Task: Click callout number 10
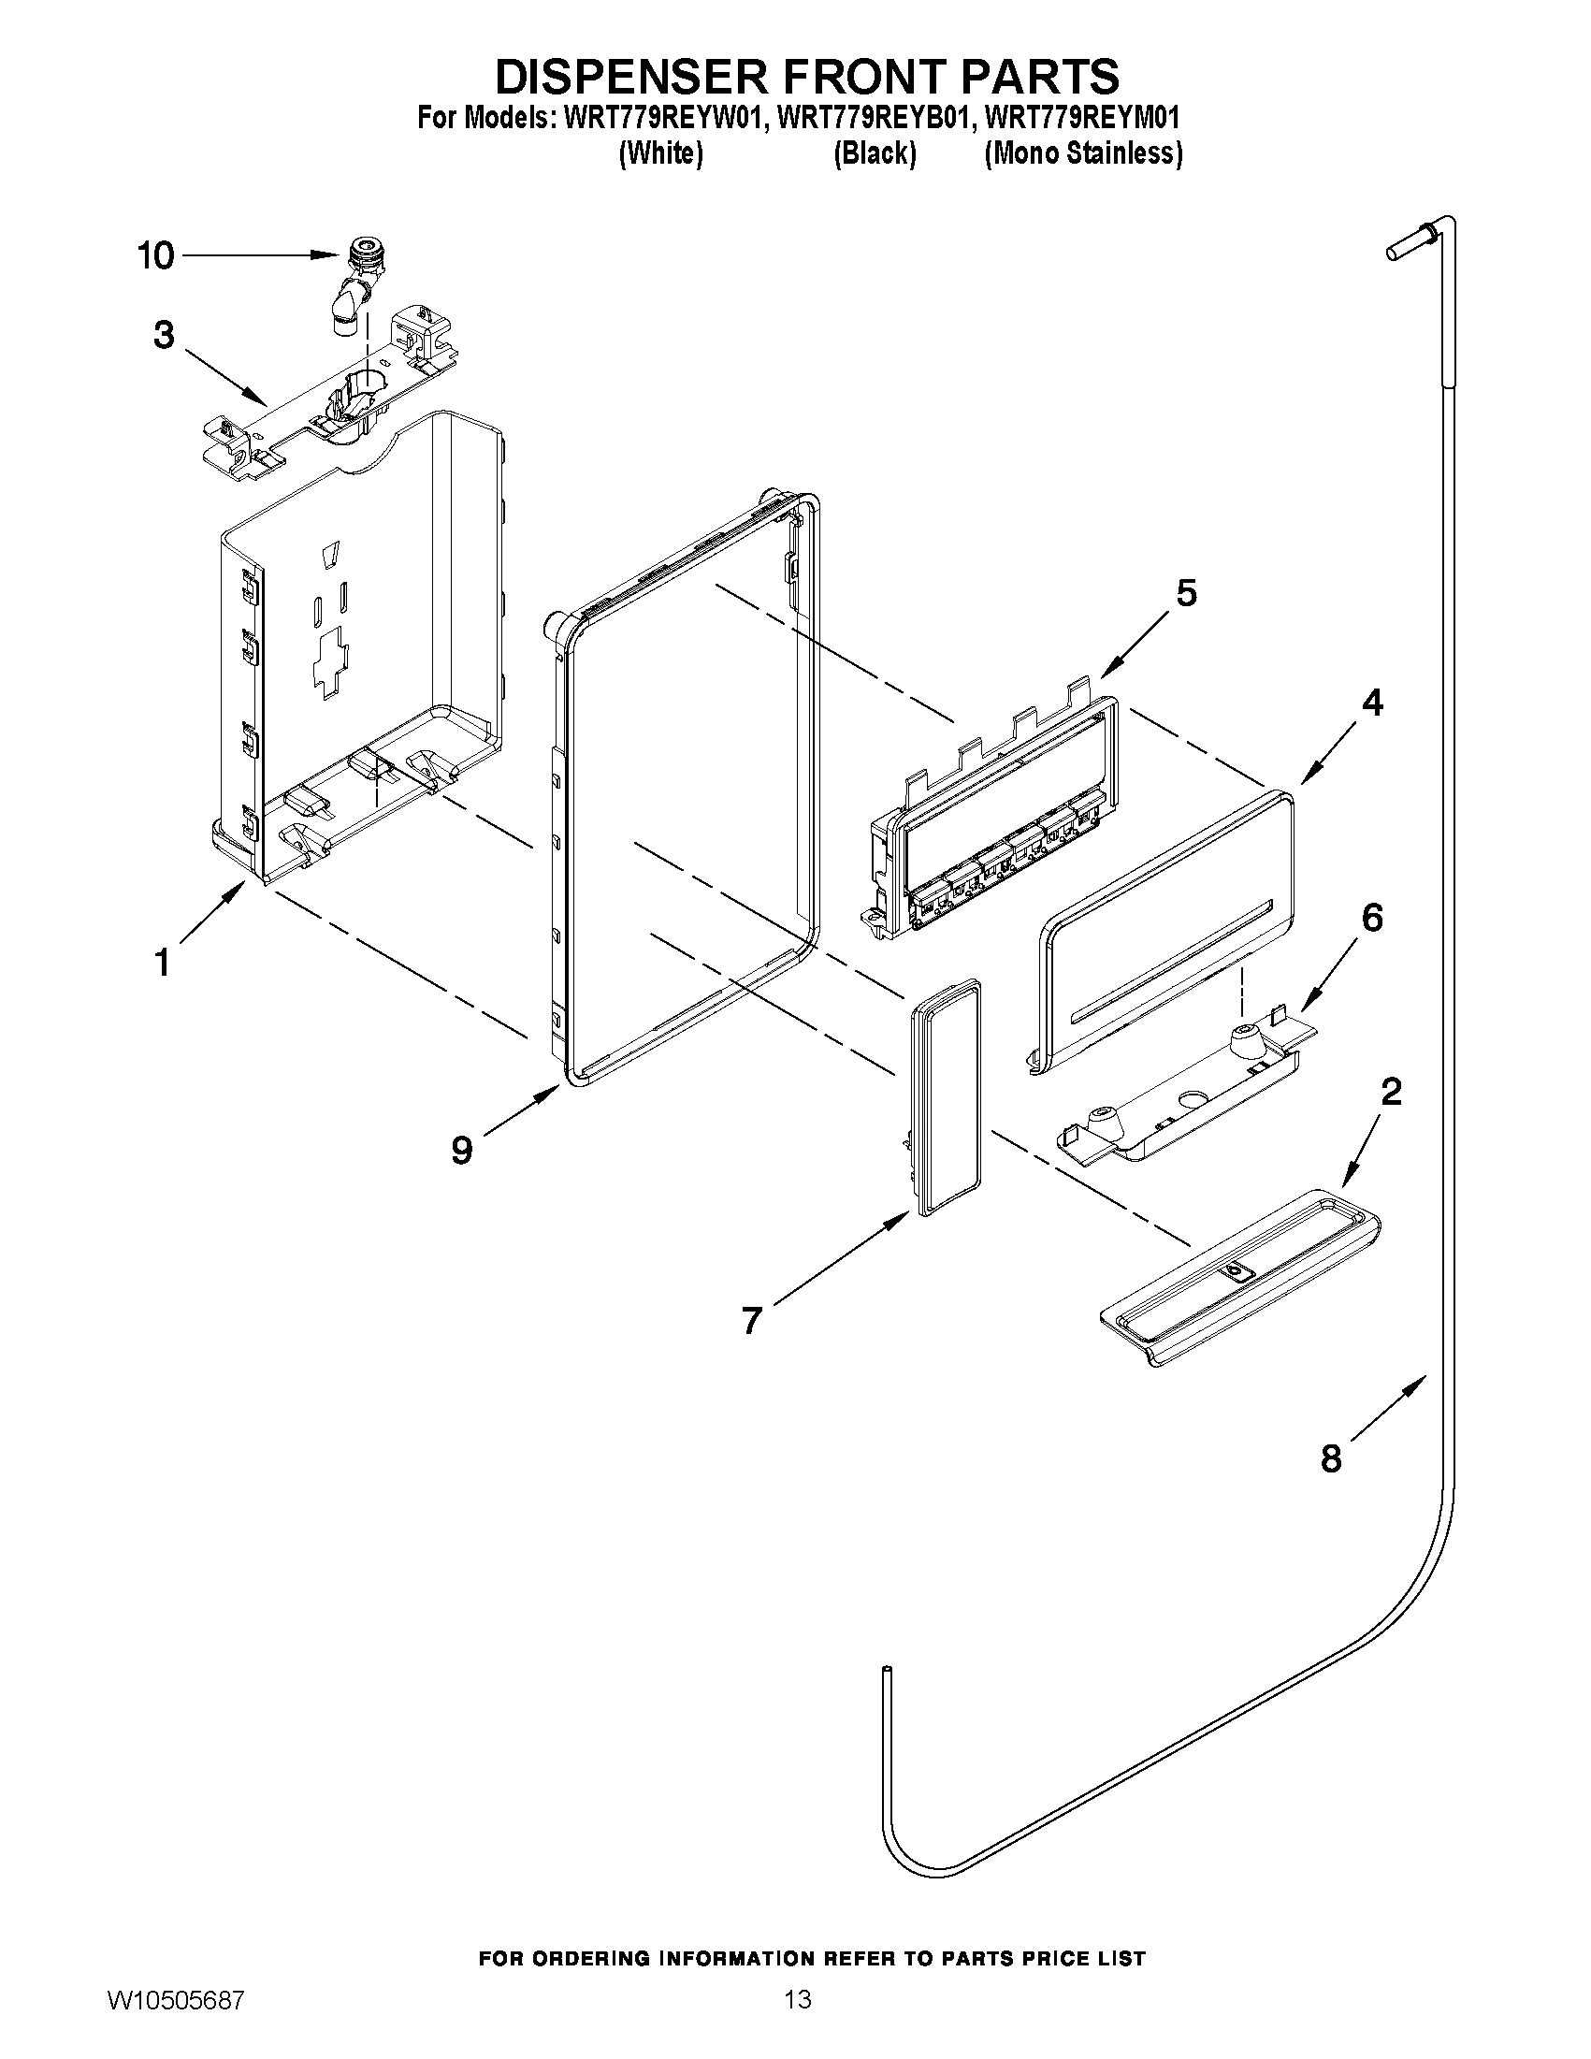pos(156,255)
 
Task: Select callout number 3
pos(164,335)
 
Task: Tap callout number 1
pos(162,963)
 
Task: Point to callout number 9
pos(461,1149)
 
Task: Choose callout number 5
pos(1186,593)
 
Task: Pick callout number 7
pos(750,1320)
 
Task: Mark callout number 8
pos(1330,1458)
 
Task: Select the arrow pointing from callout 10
pos(259,255)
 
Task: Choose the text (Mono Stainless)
pos(1083,153)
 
